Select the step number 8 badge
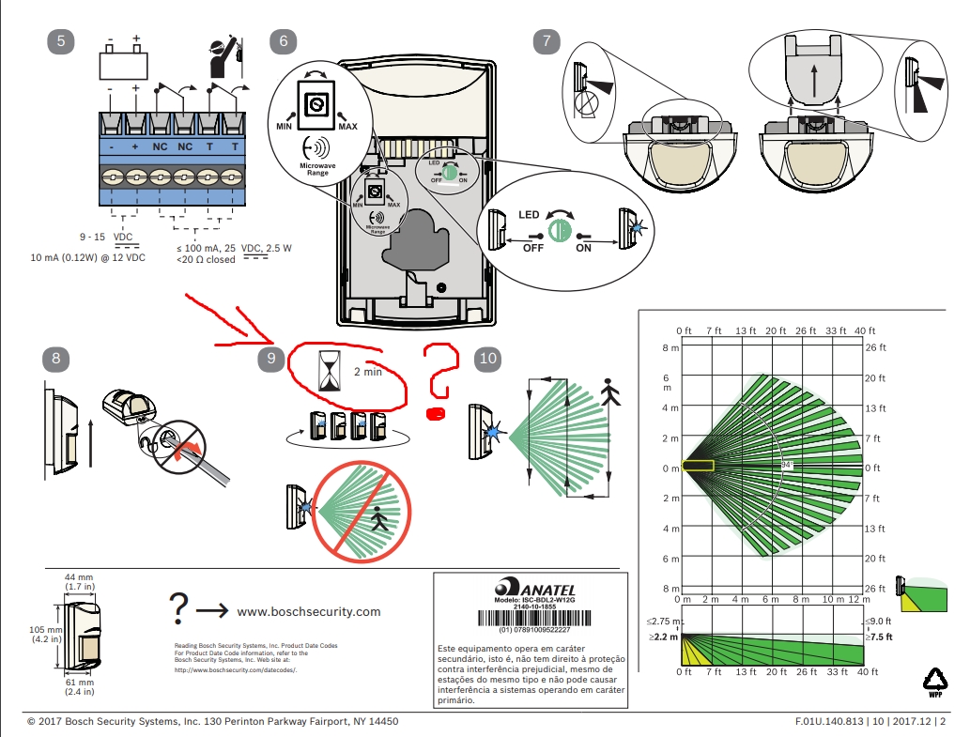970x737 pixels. (x=56, y=358)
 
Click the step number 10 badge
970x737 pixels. (x=488, y=358)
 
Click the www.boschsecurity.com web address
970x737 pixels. (x=309, y=611)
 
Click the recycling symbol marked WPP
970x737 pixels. (x=935, y=682)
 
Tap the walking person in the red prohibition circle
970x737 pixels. (x=379, y=520)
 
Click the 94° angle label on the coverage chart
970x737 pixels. (x=786, y=464)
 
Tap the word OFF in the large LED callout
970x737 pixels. (x=532, y=248)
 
